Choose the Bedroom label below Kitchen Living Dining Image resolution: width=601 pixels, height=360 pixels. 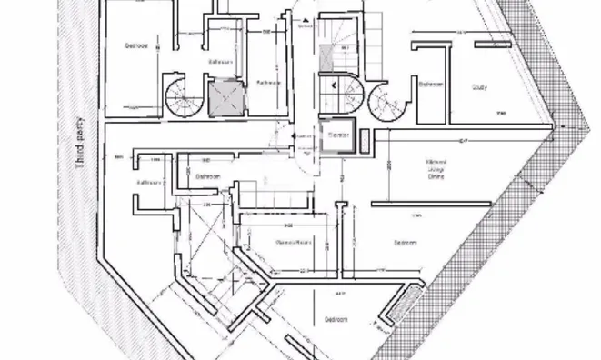coord(406,243)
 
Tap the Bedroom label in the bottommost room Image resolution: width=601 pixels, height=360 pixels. coord(336,319)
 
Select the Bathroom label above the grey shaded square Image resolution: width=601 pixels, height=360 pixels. coord(222,63)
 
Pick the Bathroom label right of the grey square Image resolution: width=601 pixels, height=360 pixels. coord(267,83)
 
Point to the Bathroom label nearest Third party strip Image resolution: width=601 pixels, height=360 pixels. coord(149,182)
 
